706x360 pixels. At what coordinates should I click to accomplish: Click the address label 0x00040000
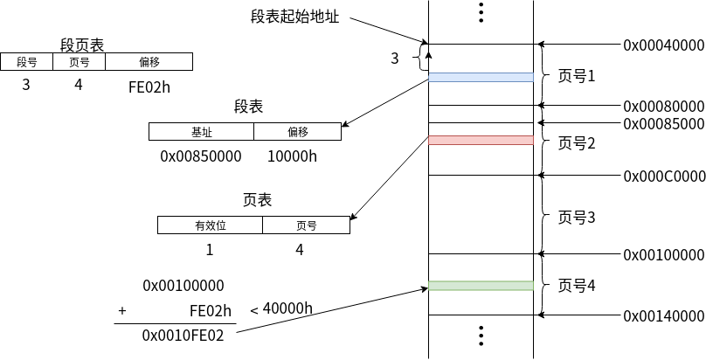tap(663, 45)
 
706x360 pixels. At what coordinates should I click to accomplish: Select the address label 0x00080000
tap(663, 106)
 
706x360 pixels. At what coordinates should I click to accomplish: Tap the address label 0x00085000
tap(663, 123)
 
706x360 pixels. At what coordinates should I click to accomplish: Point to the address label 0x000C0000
tap(663, 176)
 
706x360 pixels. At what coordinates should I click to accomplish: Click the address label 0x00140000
tap(663, 315)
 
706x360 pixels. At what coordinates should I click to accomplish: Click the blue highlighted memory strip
tap(481, 77)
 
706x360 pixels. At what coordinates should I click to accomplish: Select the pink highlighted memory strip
tap(481, 140)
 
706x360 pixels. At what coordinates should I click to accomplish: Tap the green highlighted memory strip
tap(481, 286)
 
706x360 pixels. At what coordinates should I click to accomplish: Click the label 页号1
tap(576, 76)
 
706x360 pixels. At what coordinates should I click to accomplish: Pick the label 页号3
tap(576, 218)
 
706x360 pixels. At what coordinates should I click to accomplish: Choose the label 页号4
tap(576, 285)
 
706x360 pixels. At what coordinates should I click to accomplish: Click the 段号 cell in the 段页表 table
tap(26, 62)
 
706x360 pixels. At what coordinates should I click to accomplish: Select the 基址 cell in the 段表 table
tap(201, 132)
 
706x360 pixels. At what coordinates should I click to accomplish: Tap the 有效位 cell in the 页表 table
tap(210, 225)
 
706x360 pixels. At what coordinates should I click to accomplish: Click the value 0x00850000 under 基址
tap(200, 156)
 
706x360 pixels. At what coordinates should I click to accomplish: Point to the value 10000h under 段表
tap(292, 156)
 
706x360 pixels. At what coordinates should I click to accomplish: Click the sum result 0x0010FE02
tap(183, 334)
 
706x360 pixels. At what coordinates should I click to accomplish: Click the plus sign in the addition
tap(122, 310)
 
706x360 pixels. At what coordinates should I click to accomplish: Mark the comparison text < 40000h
tap(281, 308)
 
